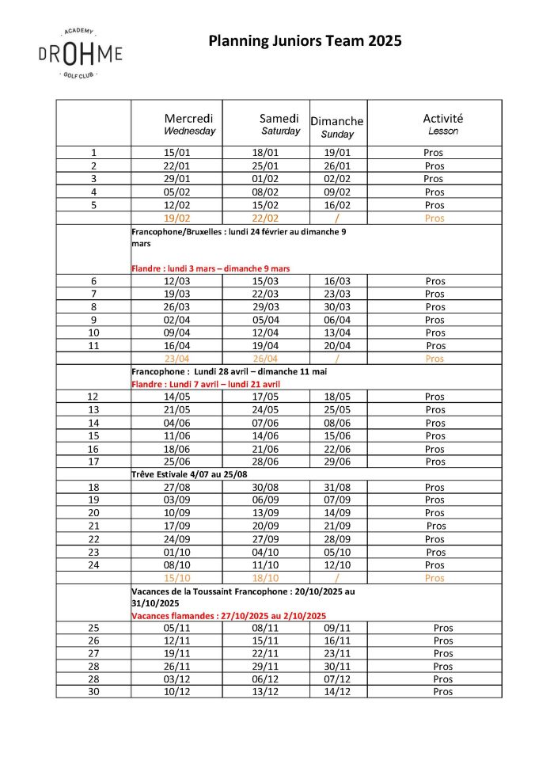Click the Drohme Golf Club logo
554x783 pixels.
80,53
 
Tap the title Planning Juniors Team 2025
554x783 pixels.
305,41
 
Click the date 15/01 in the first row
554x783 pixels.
176,153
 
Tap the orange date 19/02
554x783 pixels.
176,218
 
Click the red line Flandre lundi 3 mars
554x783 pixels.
211,268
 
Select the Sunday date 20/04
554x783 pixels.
337,345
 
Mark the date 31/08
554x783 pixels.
337,487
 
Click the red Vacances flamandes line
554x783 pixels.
228,615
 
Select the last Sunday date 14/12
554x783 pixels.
337,691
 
